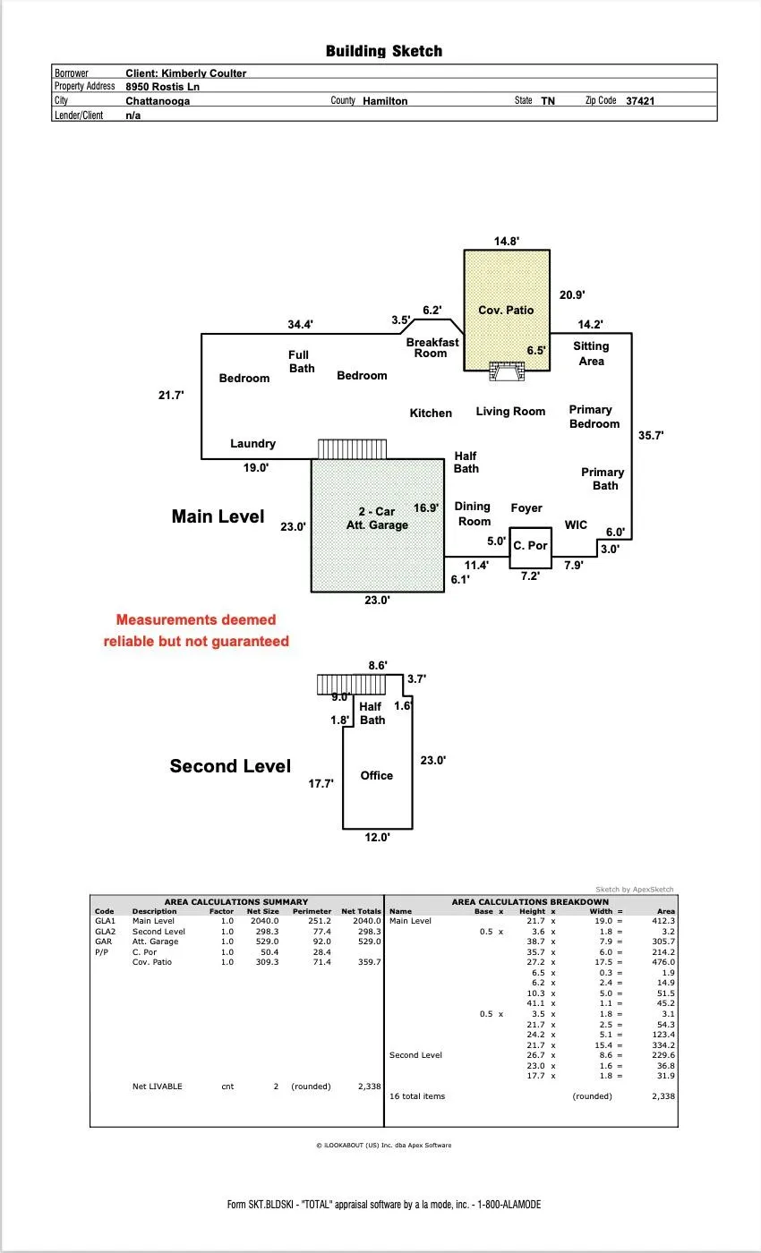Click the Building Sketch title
pyautogui.click(x=384, y=51)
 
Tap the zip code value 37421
pyautogui.click(x=640, y=100)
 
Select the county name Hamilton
pyautogui.click(x=385, y=100)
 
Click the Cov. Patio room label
pyautogui.click(x=506, y=310)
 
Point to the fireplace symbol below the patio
pyautogui.click(x=507, y=371)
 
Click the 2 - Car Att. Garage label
pyautogui.click(x=377, y=518)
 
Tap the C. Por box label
pyautogui.click(x=530, y=545)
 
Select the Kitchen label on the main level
pyautogui.click(x=431, y=413)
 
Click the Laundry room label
pyautogui.click(x=252, y=444)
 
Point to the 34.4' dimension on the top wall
pyautogui.click(x=301, y=324)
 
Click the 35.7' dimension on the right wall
pyautogui.click(x=651, y=435)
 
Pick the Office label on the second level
pyautogui.click(x=377, y=775)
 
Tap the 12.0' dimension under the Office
pyautogui.click(x=377, y=838)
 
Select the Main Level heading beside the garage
pyautogui.click(x=218, y=516)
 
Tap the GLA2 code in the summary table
pyautogui.click(x=106, y=932)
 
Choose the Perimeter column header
pyautogui.click(x=312, y=911)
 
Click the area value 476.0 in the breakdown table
pyautogui.click(x=663, y=962)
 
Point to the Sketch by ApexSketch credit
pyautogui.click(x=635, y=890)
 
